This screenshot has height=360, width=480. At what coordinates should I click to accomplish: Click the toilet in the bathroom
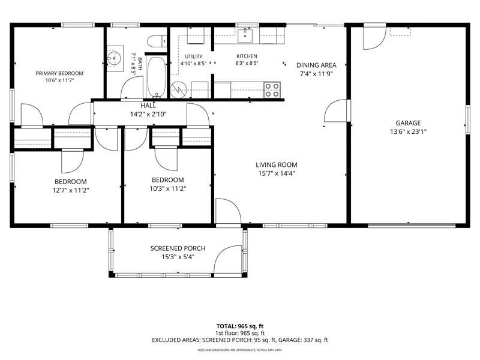pyautogui.click(x=157, y=41)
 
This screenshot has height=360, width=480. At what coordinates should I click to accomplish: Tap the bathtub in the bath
pyautogui.click(x=157, y=77)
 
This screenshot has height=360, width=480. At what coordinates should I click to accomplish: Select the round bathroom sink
pyautogui.click(x=114, y=58)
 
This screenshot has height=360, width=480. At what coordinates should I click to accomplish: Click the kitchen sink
pyautogui.click(x=245, y=36)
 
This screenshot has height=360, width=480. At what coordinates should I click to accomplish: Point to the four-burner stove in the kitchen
pyautogui.click(x=272, y=90)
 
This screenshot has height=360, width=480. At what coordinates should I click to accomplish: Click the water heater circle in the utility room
pyautogui.click(x=178, y=90)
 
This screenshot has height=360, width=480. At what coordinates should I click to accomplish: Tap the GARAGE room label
pyautogui.click(x=408, y=123)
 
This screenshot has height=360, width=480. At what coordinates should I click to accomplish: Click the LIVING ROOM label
pyautogui.click(x=277, y=164)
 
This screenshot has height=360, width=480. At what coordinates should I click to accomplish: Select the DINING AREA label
pyautogui.click(x=316, y=65)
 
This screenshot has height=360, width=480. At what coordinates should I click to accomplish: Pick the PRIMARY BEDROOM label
pyautogui.click(x=59, y=73)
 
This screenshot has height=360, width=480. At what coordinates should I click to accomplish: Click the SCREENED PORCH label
pyautogui.click(x=178, y=248)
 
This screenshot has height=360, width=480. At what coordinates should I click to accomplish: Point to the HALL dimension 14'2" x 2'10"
pyautogui.click(x=148, y=115)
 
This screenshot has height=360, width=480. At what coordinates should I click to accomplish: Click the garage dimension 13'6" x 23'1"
pyautogui.click(x=408, y=132)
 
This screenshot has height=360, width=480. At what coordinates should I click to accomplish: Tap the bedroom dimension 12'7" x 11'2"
pyautogui.click(x=71, y=190)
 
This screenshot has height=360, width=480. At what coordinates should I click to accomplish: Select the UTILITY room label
pyautogui.click(x=193, y=56)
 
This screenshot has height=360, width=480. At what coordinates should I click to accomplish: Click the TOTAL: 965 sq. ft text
pyautogui.click(x=240, y=326)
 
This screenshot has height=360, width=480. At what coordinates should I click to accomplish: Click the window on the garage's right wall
pyautogui.click(x=468, y=119)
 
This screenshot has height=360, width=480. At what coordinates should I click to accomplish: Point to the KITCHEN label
pyautogui.click(x=247, y=56)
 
